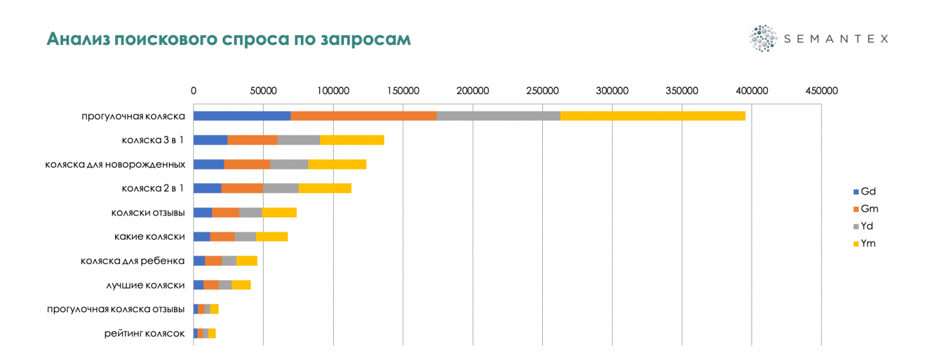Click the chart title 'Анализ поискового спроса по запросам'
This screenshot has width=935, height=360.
(228, 39)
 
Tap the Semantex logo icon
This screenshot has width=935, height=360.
(763, 39)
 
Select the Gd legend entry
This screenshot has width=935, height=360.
(865, 192)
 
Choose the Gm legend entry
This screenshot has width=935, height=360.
(865, 209)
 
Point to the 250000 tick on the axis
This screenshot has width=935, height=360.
(542, 91)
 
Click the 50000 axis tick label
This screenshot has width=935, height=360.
(263, 91)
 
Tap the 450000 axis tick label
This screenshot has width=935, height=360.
(821, 91)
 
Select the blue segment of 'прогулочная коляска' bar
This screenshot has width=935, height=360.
(242, 116)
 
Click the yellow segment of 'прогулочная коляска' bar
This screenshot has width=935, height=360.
(652, 116)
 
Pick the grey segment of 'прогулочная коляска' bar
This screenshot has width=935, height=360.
(498, 116)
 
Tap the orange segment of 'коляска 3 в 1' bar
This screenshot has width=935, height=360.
(252, 140)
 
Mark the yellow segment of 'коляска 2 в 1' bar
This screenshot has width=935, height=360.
(325, 188)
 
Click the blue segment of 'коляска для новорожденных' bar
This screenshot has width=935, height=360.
(209, 164)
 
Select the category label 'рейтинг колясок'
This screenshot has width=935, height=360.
(144, 334)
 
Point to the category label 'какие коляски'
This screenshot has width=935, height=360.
(150, 237)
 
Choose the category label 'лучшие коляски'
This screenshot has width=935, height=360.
(146, 285)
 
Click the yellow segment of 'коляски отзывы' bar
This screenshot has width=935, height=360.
(279, 213)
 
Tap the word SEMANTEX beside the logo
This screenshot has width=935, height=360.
(836, 39)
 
